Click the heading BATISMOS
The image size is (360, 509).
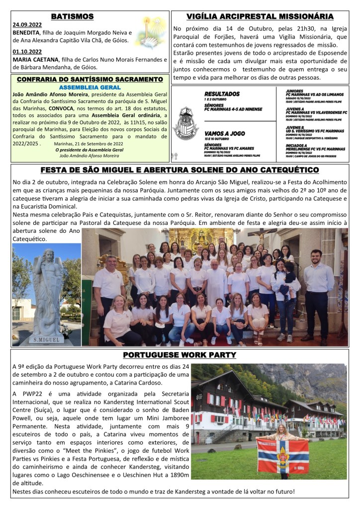(72, 16)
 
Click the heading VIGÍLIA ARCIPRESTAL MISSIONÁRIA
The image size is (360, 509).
(259, 16)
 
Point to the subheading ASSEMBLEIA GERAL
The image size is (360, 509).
(90, 86)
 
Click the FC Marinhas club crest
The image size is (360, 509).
(186, 122)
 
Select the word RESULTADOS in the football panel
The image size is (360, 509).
(222, 94)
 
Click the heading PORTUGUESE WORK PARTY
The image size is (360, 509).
(180, 355)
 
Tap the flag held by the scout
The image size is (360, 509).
(282, 456)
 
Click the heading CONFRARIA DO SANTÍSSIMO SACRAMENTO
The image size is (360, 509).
(90, 79)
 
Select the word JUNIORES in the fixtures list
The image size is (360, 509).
(295, 91)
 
